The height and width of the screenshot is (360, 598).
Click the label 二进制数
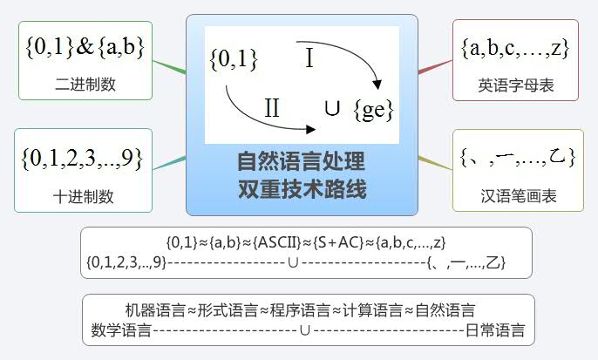tap(85, 85)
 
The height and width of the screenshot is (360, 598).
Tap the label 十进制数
tap(83, 196)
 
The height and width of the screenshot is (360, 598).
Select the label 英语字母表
tap(516, 85)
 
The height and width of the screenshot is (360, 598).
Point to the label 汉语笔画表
tap(519, 195)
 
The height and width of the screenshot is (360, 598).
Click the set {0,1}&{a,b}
tap(85, 48)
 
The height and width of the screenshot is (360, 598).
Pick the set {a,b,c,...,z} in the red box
tap(515, 49)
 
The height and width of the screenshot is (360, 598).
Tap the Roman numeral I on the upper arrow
tap(309, 58)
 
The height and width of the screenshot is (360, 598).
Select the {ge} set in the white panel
tap(373, 111)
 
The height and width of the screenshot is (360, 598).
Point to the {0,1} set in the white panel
tap(234, 60)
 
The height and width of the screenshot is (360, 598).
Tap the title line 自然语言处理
tap(302, 161)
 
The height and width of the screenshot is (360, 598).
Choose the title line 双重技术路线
tap(302, 188)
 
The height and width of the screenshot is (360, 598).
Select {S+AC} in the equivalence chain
tap(338, 242)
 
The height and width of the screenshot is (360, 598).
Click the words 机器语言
tap(155, 310)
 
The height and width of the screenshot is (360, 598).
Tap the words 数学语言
tap(121, 329)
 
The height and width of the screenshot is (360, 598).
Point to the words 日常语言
tap(495, 329)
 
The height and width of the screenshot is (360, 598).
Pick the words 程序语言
tap(300, 310)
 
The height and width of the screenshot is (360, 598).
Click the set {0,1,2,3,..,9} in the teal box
tap(82, 159)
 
